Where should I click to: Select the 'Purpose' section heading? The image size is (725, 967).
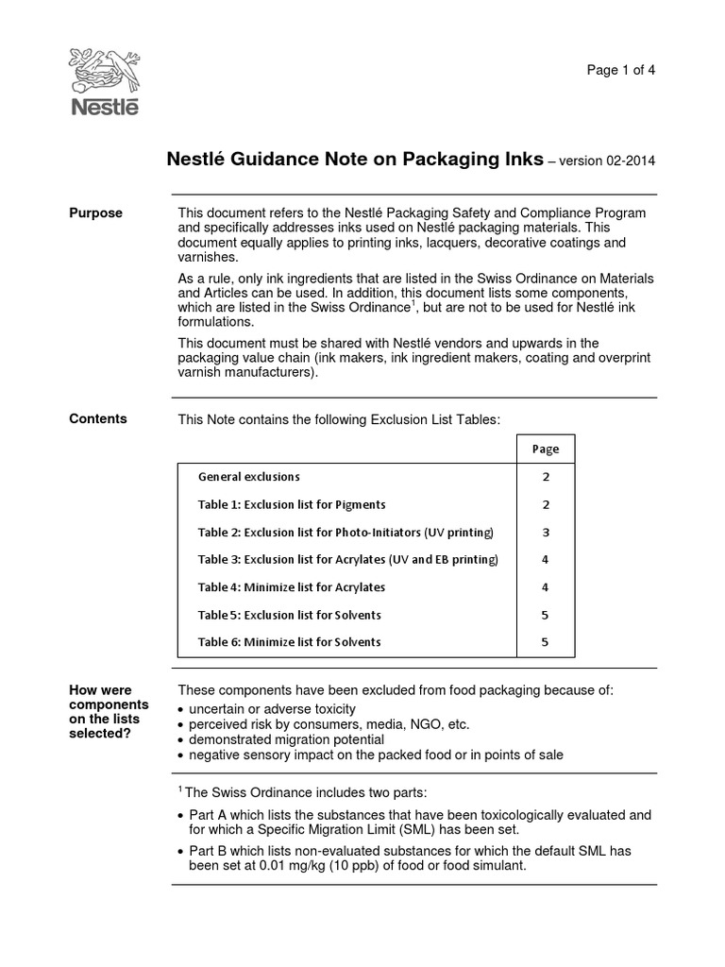click(95, 212)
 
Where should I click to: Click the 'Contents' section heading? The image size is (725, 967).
click(97, 418)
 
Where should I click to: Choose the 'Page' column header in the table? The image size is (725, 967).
click(545, 449)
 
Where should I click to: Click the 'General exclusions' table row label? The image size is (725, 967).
click(249, 477)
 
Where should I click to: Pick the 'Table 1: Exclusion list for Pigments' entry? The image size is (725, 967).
click(292, 504)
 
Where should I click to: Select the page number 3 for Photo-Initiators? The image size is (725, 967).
click(545, 532)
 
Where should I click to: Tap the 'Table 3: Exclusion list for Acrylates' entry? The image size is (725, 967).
click(347, 559)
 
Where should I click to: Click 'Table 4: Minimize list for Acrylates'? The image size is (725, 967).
click(292, 586)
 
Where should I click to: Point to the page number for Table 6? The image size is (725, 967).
click(545, 642)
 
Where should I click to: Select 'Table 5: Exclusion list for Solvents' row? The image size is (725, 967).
click(290, 615)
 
